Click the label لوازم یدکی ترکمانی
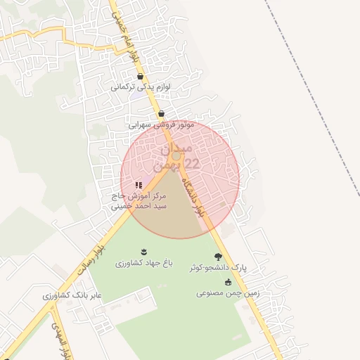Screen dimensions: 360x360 click(141, 89)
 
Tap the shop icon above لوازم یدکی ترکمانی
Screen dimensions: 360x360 click(141, 77)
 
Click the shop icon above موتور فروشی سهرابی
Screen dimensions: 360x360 click(162, 113)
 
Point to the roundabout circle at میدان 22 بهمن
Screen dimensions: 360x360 click(176, 155)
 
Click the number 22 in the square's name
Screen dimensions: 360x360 click(191, 164)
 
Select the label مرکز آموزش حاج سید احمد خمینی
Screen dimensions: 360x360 click(139, 202)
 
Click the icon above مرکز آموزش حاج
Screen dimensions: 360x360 click(139, 186)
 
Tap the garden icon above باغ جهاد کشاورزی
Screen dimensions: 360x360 click(144, 252)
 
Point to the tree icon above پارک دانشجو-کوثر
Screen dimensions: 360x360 click(218, 257)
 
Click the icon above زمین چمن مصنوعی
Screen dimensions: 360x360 click(228, 282)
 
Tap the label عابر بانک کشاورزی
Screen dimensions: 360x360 click(72, 295)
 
